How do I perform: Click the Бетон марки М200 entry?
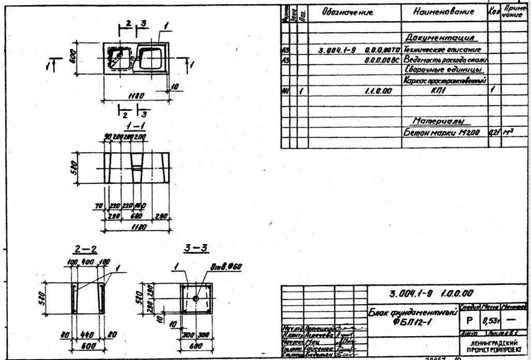[x=444, y=133]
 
